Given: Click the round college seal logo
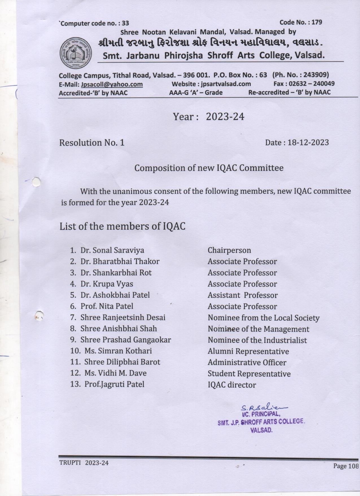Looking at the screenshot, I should coord(75,53).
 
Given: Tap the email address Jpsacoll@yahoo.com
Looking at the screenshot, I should coord(112,84).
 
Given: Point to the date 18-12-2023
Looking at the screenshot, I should coord(308,142).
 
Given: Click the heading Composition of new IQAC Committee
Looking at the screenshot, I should coord(209,168).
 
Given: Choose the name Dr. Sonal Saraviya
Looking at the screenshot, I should coord(112,250).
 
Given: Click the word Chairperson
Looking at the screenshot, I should coord(229,250).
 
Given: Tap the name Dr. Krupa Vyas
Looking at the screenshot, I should coord(107,284).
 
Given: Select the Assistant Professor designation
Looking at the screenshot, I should coord(243,295).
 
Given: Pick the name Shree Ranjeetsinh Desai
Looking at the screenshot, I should coord(123,317).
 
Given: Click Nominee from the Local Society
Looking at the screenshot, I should coord(263,318).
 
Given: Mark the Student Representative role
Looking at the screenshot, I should coord(249,374).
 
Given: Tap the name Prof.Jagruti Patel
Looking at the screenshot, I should coord(114,384).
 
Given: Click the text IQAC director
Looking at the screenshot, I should coord(232,385).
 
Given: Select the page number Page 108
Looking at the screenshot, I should coord(345,466).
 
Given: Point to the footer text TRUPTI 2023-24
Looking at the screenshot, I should coord(84,463).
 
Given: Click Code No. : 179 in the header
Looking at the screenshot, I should coord(300,22).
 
